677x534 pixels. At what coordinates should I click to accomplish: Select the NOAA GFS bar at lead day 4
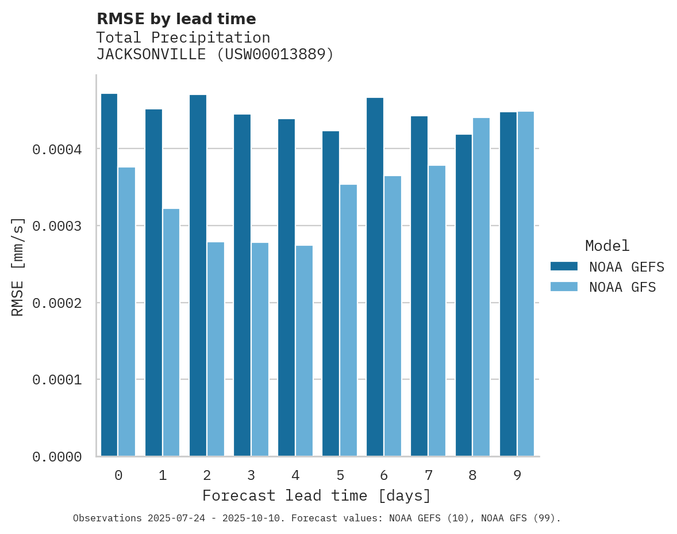[x=304, y=350]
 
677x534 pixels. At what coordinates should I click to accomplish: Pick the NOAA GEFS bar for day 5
[x=330, y=293]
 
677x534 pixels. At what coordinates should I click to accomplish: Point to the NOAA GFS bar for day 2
[x=216, y=349]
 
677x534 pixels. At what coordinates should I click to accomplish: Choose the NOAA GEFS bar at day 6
[x=375, y=277]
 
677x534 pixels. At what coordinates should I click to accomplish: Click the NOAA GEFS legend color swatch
[x=564, y=266]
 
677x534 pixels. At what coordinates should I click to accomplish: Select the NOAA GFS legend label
[x=622, y=287]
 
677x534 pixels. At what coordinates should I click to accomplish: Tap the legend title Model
[x=607, y=246]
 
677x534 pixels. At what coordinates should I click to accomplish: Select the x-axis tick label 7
[x=428, y=475]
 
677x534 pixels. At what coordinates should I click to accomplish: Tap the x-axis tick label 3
[x=251, y=475]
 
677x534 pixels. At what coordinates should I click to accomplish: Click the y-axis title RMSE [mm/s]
[x=18, y=266]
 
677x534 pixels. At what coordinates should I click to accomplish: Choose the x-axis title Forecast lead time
[x=317, y=495]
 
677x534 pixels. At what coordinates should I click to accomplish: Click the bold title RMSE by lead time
[x=176, y=19]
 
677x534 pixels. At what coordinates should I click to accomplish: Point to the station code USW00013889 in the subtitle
[x=272, y=55]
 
